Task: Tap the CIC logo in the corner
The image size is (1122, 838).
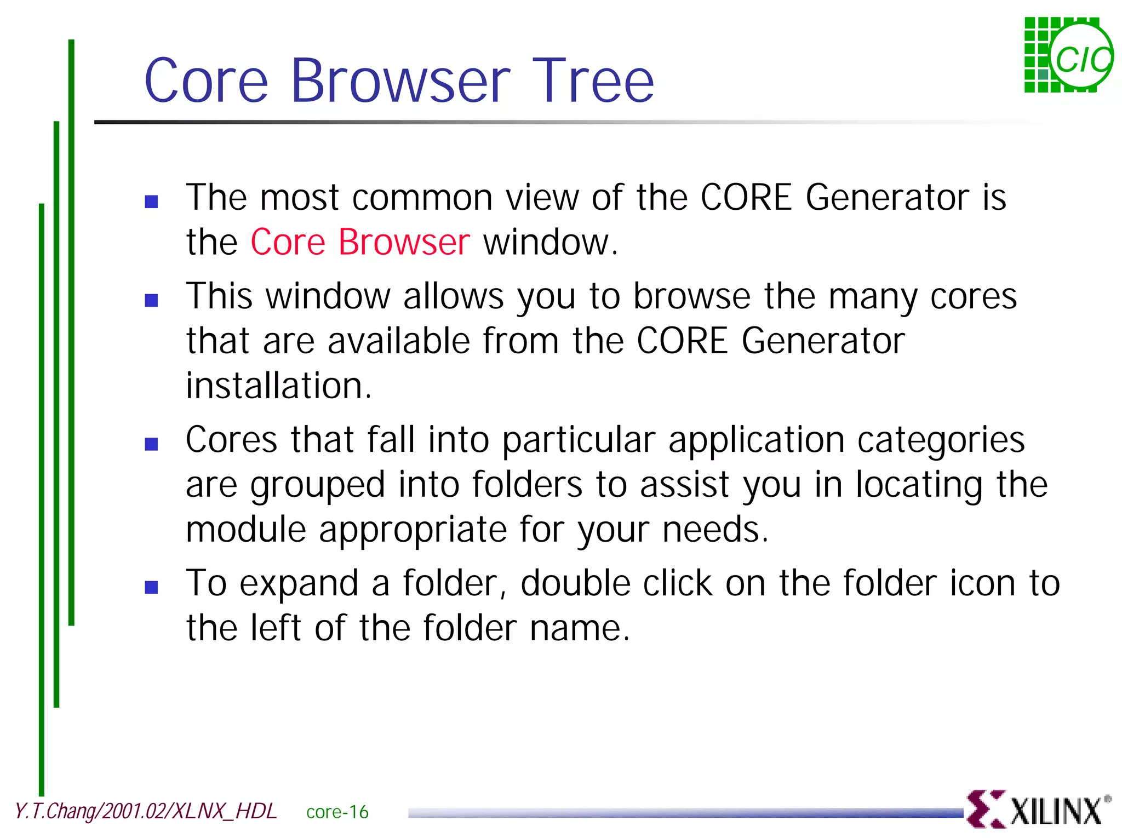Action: pos(1068,55)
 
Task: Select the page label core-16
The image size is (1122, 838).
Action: pos(337,812)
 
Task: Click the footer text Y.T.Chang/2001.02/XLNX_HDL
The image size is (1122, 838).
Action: pos(145,811)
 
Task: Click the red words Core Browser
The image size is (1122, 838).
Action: pos(360,242)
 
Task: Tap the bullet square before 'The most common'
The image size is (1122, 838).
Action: pos(151,202)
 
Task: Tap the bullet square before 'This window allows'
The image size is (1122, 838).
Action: pos(151,300)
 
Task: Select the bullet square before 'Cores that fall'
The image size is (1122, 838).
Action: pos(151,444)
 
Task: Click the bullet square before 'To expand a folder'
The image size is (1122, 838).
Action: pos(151,587)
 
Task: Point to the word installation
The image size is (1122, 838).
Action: pos(278,386)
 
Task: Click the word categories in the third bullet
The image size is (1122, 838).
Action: pos(941,440)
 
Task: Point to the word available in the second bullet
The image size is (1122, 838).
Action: pos(399,341)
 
